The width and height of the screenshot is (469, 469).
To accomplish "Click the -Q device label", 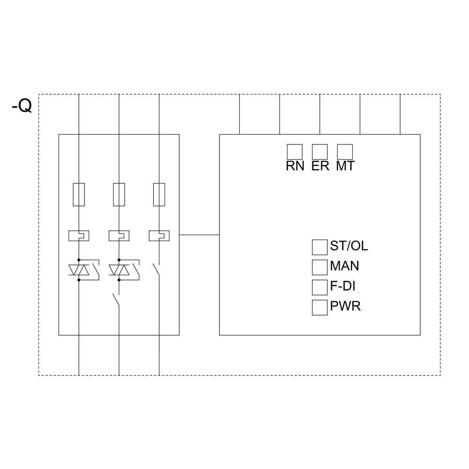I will click(x=22, y=106).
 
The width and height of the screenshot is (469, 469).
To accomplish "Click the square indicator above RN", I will click(x=295, y=151).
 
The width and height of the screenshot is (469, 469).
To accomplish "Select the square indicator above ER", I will click(x=319, y=151).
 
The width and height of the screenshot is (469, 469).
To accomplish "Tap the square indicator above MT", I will click(x=345, y=151).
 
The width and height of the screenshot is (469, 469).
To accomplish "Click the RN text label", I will click(x=295, y=166).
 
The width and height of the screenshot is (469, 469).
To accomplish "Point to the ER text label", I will click(x=320, y=166).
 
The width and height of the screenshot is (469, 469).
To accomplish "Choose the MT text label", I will click(x=345, y=166).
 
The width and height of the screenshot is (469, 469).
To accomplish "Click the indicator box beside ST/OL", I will click(x=319, y=247).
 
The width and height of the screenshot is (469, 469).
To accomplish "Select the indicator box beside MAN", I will click(x=319, y=267).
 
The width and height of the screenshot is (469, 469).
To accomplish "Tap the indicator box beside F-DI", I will click(x=319, y=287).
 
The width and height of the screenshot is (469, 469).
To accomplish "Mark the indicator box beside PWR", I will click(x=319, y=307).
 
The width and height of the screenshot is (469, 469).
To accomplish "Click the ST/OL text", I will click(x=349, y=246).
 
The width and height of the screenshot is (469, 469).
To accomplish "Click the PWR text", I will click(x=346, y=307).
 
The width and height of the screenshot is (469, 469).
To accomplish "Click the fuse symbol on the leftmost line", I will click(x=79, y=195).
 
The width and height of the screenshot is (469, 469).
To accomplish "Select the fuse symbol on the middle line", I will click(x=119, y=195).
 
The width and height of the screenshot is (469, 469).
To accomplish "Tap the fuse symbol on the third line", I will click(x=159, y=195).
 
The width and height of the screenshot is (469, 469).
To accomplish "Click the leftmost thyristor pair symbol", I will click(x=79, y=270).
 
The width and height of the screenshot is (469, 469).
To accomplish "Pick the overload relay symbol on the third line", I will click(x=159, y=235).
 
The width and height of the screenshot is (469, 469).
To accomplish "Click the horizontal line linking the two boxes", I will click(x=199, y=234).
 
